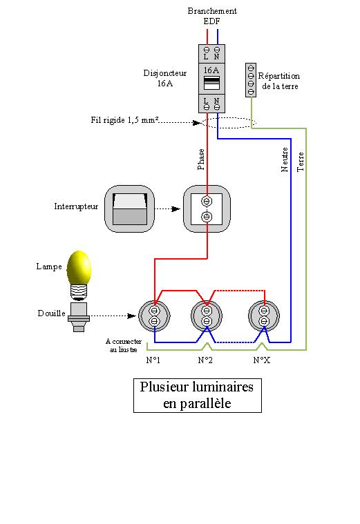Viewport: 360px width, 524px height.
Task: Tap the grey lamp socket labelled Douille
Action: click(79, 317)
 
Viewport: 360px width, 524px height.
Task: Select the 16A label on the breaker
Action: click(211, 70)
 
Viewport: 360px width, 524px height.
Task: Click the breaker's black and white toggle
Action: click(211, 83)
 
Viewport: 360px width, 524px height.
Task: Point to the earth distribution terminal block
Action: click(251, 80)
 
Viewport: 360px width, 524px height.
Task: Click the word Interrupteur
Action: click(76, 206)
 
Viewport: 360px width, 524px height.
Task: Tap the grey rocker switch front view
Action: click(129, 209)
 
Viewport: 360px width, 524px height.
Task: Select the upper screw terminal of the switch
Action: click(207, 201)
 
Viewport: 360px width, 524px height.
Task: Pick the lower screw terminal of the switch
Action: click(207, 217)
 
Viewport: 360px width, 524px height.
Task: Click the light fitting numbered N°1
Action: click(154, 316)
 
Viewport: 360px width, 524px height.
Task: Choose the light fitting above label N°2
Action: click(207, 316)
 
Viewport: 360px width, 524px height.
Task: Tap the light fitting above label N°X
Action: click(264, 316)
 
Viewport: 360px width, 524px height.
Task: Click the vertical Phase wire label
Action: click(201, 159)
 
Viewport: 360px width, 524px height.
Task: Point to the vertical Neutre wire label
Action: click(285, 159)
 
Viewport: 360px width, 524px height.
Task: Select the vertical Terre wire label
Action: click(301, 162)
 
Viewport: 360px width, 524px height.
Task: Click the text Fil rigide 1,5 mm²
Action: click(124, 119)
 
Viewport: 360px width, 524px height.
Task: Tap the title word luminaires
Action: click(222, 387)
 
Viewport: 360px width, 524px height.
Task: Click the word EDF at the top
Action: click(211, 21)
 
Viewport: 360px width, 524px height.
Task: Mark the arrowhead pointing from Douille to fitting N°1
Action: click(132, 316)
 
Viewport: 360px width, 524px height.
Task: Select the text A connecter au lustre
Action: click(124, 346)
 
